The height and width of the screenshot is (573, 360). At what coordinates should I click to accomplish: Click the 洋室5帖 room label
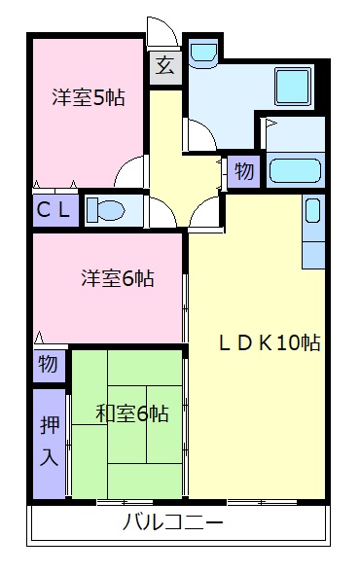pyautogui.click(x=89, y=97)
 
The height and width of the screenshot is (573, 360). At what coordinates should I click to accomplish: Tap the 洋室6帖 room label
pyautogui.click(x=118, y=278)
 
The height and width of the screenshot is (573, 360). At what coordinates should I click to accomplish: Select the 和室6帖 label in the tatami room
pyautogui.click(x=132, y=413)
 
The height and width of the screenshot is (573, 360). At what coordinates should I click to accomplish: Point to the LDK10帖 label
pyautogui.click(x=270, y=342)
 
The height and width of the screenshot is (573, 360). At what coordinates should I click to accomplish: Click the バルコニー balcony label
pyautogui.click(x=172, y=521)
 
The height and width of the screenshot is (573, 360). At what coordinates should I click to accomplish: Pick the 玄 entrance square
pyautogui.click(x=165, y=68)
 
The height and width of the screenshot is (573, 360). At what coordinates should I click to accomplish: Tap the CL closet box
pyautogui.click(x=55, y=210)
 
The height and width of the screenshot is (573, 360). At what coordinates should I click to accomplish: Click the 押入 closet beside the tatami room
pyautogui.click(x=49, y=444)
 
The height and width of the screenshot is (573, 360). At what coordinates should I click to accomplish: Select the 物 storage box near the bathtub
pyautogui.click(x=244, y=171)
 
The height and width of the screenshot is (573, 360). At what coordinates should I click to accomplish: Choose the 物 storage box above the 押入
pyautogui.click(x=49, y=366)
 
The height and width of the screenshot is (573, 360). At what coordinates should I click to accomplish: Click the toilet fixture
pyautogui.click(x=106, y=211)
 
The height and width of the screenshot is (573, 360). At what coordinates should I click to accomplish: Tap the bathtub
pyautogui.click(x=296, y=170)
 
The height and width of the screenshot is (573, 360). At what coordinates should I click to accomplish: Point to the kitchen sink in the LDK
pyautogui.click(x=313, y=210)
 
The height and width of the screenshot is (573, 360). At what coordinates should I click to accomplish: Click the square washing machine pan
pyautogui.click(x=293, y=87)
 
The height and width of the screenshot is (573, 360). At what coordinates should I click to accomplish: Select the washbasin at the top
pyautogui.click(x=203, y=53)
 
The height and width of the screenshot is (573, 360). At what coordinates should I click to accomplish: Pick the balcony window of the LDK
pyautogui.click(x=262, y=503)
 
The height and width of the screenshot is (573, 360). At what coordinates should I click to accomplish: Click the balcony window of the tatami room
pyautogui.click(x=125, y=503)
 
